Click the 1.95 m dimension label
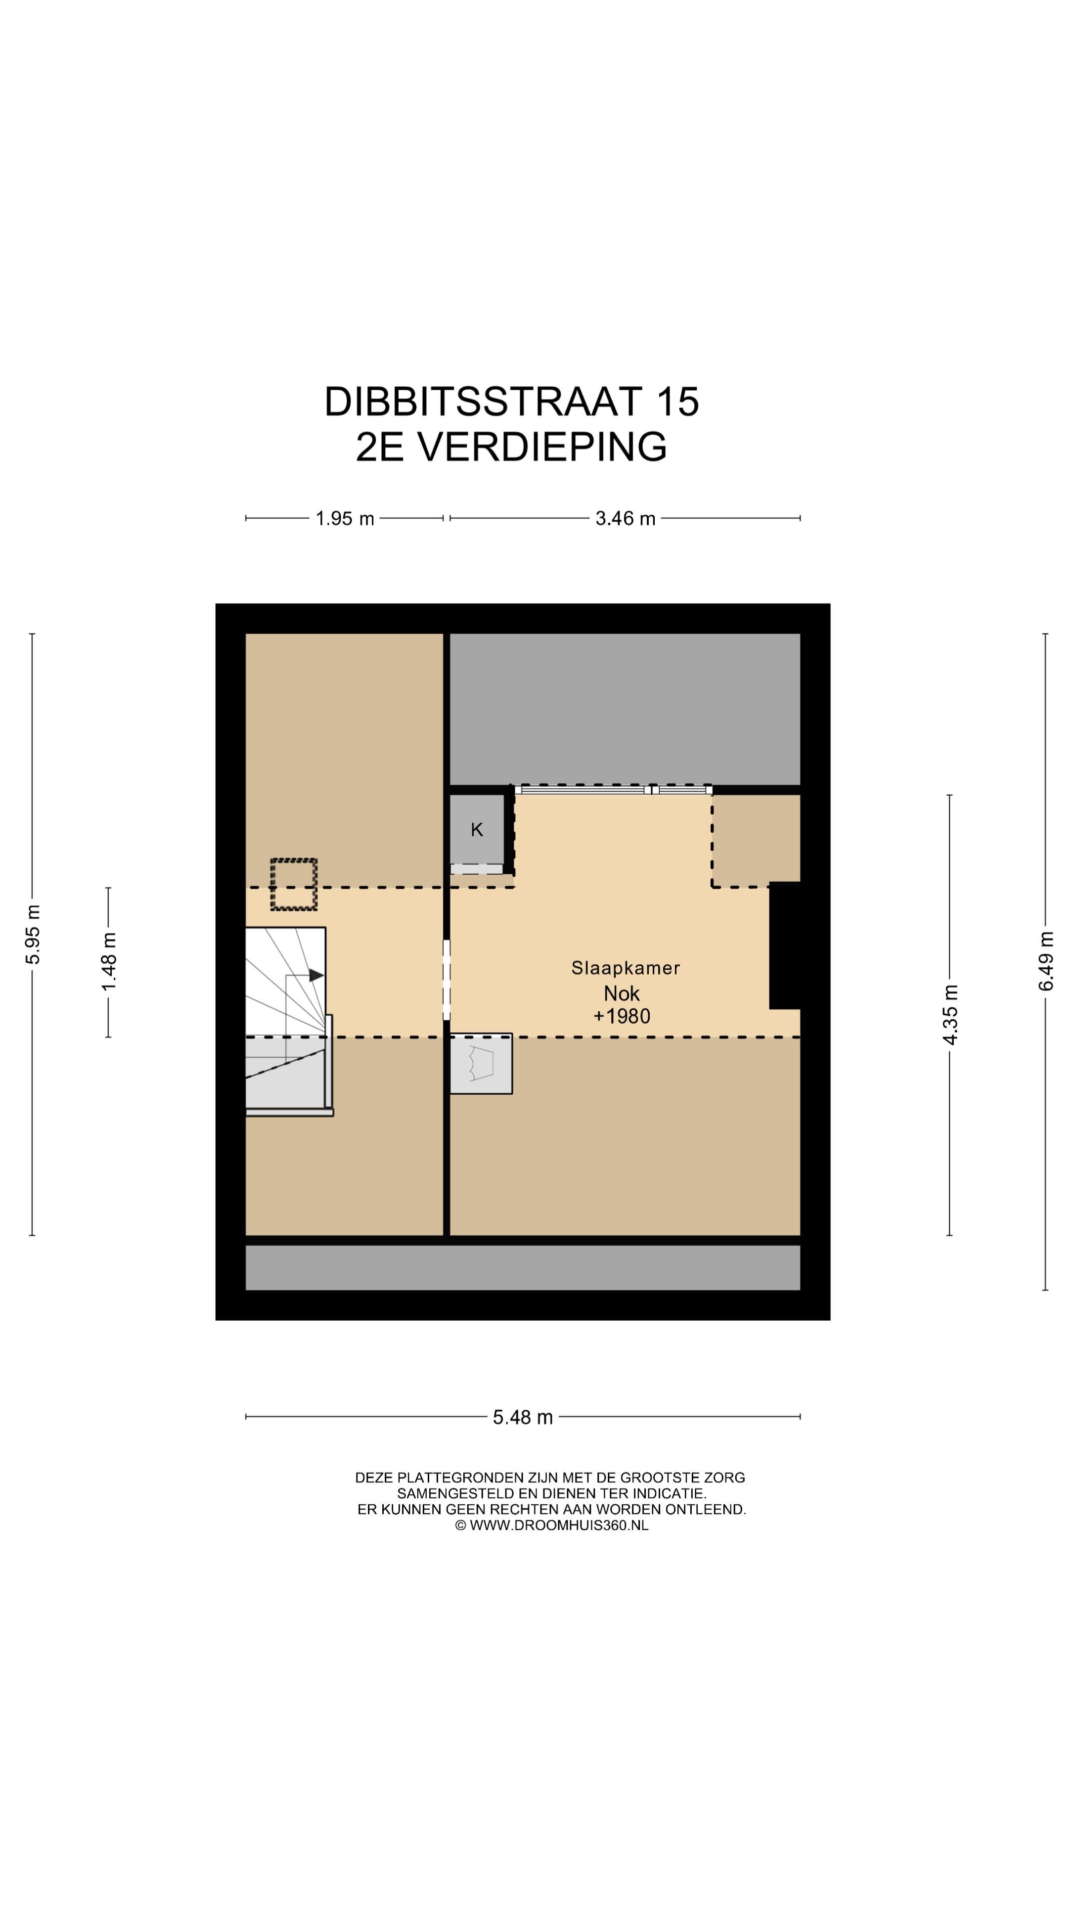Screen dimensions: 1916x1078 coord(344,518)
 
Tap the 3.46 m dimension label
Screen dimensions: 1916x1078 coord(624,518)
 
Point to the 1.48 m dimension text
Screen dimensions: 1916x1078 coord(109,961)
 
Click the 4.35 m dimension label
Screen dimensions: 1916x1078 coord(950,1014)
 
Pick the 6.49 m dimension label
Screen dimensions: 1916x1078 coord(1046,961)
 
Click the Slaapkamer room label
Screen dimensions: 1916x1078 coord(625,967)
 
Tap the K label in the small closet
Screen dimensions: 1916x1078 coord(477,829)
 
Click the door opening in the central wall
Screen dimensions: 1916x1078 coord(446,979)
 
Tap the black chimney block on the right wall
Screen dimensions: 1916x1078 coord(784,946)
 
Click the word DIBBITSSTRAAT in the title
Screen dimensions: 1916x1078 coord(482,402)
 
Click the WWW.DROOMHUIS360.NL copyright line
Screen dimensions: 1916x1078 coord(551,1525)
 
